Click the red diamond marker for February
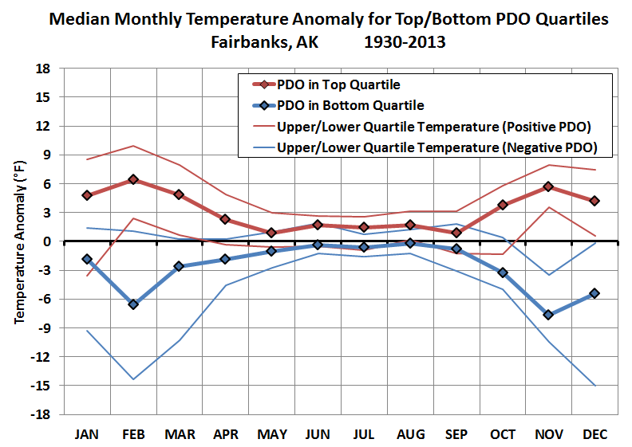(x=133, y=179)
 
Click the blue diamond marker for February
(x=133, y=304)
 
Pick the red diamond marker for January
(x=87, y=195)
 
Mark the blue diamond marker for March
(x=180, y=266)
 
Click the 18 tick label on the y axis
(x=45, y=69)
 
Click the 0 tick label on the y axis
(x=48, y=241)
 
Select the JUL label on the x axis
(x=365, y=435)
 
